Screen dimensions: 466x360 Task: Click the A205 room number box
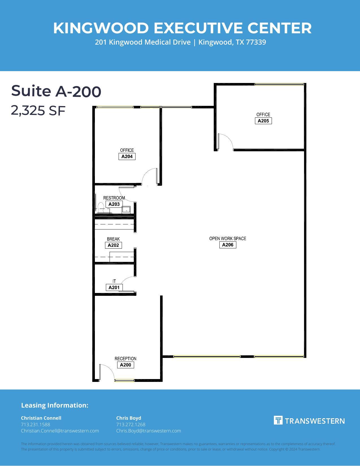(263, 121)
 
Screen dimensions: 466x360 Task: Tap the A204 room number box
(127, 157)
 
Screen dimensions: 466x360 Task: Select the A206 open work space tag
(228, 245)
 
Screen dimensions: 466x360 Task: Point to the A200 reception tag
(125, 365)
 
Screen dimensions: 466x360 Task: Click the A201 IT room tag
(114, 288)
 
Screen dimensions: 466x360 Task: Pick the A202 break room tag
(113, 245)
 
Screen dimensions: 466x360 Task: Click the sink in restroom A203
(126, 210)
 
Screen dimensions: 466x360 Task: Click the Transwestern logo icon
(278, 420)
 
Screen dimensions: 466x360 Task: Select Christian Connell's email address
(60, 431)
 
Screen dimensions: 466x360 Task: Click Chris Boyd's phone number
(131, 425)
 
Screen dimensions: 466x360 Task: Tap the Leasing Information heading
(55, 405)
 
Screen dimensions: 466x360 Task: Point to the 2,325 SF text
(38, 110)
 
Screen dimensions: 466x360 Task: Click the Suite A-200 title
(56, 91)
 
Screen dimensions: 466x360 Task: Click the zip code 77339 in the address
(256, 42)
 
